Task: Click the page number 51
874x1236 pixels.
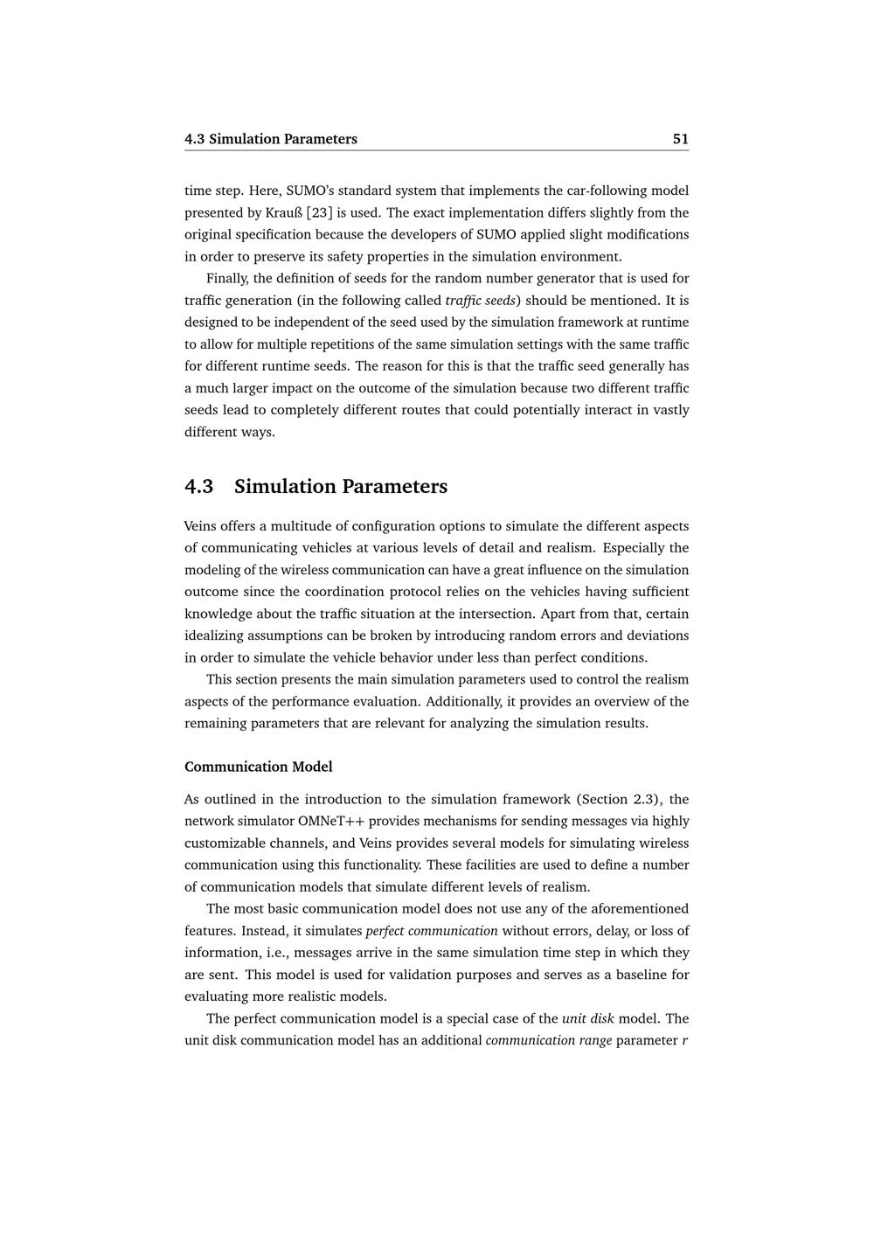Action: click(x=680, y=139)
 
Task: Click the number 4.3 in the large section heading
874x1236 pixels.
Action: click(x=199, y=487)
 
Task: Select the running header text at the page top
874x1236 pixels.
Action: click(x=271, y=139)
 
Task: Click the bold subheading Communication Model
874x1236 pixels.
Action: click(x=259, y=767)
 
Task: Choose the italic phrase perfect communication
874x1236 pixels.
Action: click(x=432, y=931)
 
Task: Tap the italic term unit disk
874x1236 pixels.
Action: click(x=588, y=1018)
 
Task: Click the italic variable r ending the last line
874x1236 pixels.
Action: click(x=685, y=1040)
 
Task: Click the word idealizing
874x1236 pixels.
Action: click(x=214, y=635)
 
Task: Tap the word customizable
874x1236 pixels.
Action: click(x=224, y=843)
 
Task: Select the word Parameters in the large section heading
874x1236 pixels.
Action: click(x=394, y=487)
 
